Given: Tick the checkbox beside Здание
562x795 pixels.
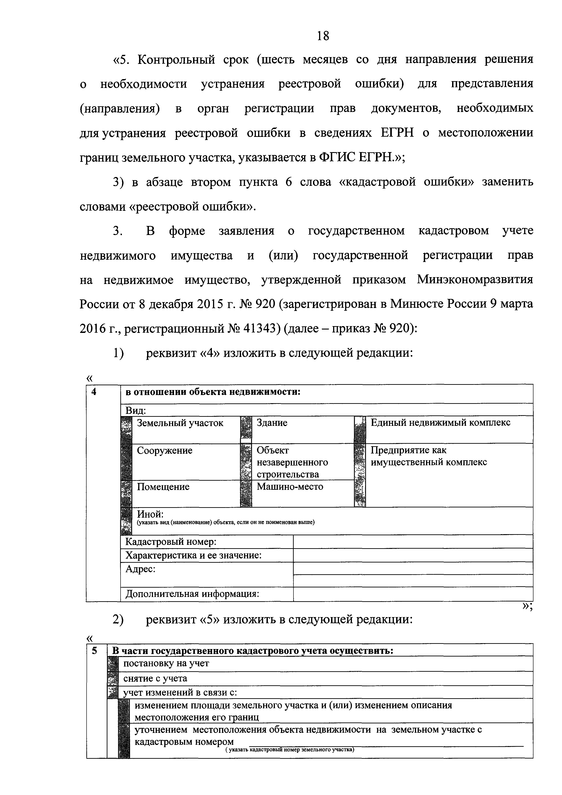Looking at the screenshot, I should [x=246, y=430].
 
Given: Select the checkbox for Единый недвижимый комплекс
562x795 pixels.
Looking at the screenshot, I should [x=360, y=430].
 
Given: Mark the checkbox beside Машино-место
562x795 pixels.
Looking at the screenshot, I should [x=246, y=493].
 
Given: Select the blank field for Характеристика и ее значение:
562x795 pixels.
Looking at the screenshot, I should [x=412, y=555].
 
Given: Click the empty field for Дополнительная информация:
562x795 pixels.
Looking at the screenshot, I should [x=412, y=594].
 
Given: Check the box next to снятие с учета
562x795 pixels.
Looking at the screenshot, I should [x=113, y=678].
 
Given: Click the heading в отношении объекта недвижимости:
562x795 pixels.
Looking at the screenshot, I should [x=213, y=392].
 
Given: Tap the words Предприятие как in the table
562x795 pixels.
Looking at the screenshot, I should [x=408, y=450].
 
